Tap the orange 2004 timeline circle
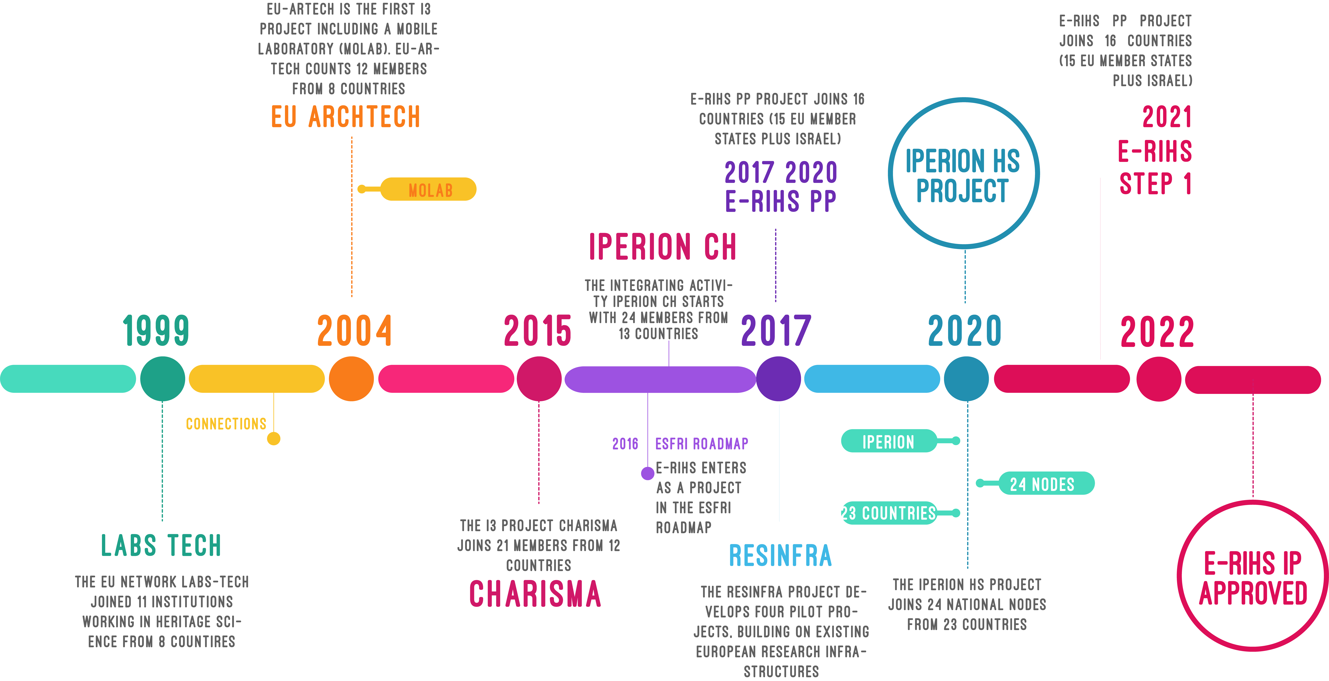(351, 379)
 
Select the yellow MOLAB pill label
(428, 189)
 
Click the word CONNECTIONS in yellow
(226, 424)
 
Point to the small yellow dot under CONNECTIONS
(274, 439)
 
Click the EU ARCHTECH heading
(346, 116)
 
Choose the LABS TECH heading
(161, 545)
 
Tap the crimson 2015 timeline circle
(539, 379)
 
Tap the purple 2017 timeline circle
(778, 379)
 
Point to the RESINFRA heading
(781, 556)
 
